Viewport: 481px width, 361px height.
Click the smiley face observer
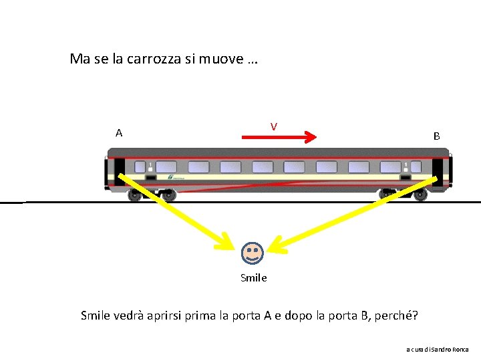[253, 253]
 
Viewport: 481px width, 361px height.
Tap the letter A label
[119, 132]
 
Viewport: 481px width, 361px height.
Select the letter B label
[436, 136]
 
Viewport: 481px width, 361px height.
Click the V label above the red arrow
[274, 126]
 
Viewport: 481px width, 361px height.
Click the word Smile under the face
[253, 278]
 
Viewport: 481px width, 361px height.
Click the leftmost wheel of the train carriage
[136, 196]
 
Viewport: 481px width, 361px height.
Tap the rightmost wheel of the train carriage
[420, 195]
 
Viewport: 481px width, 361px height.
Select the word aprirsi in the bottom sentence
[170, 315]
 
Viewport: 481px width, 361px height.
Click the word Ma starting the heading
[79, 59]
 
